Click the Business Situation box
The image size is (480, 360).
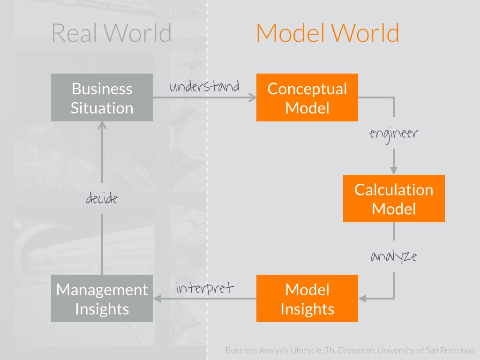click(x=102, y=98)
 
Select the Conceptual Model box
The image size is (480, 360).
click(x=307, y=98)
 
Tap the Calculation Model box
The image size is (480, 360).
click(x=394, y=198)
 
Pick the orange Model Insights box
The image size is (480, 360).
click(x=307, y=299)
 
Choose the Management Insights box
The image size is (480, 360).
click(x=102, y=299)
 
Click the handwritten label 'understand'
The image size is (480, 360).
click(x=204, y=87)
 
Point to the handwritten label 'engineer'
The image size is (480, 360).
click(x=393, y=134)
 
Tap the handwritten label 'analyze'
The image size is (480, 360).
click(x=393, y=256)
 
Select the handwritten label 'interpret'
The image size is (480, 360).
click(x=204, y=287)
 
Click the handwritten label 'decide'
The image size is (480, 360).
click(x=102, y=198)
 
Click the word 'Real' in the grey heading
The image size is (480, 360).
click(x=75, y=33)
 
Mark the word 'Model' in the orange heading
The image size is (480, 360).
click(x=290, y=33)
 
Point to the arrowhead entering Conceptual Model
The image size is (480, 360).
click(x=253, y=97)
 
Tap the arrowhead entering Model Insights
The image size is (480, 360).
click(x=362, y=298)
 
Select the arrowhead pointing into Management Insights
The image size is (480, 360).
click(x=157, y=298)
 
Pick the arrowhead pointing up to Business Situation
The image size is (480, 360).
click(x=102, y=126)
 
